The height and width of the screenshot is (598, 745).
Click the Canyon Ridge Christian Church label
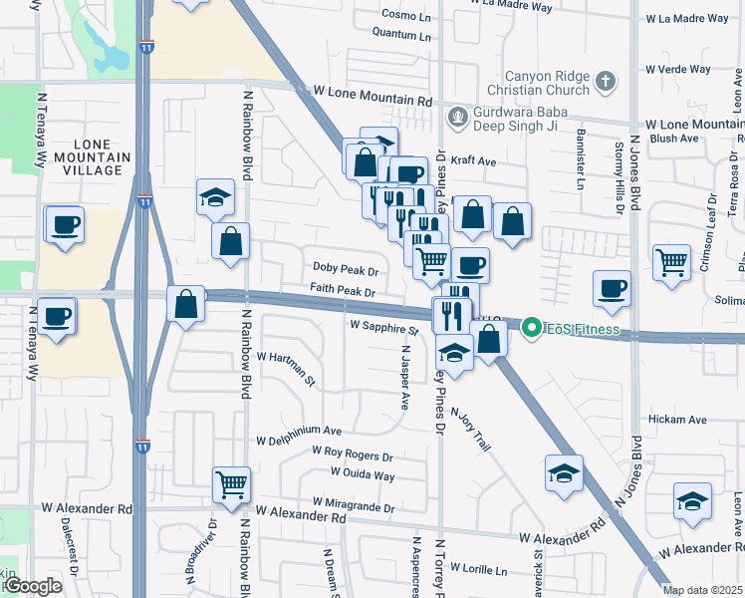pyautogui.click(x=548, y=83)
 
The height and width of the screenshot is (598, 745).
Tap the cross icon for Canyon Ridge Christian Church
pyautogui.click(x=605, y=81)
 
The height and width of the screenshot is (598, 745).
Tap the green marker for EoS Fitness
pyautogui.click(x=531, y=327)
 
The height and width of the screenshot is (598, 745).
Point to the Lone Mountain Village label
pyautogui.click(x=92, y=157)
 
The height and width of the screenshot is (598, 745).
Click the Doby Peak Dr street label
pyautogui.click(x=345, y=270)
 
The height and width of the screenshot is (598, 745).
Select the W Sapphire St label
pyautogui.click(x=383, y=327)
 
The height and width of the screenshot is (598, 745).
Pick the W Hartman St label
pyautogui.click(x=286, y=368)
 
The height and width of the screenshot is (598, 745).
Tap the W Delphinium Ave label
pyautogui.click(x=299, y=431)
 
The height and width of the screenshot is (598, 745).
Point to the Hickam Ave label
pyautogui.click(x=676, y=421)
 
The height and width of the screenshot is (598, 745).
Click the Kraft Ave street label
pyautogui.click(x=474, y=160)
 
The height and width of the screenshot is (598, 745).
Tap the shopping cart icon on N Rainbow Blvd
pyautogui.click(x=232, y=485)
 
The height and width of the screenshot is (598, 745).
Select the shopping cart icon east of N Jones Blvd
pyautogui.click(x=672, y=263)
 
